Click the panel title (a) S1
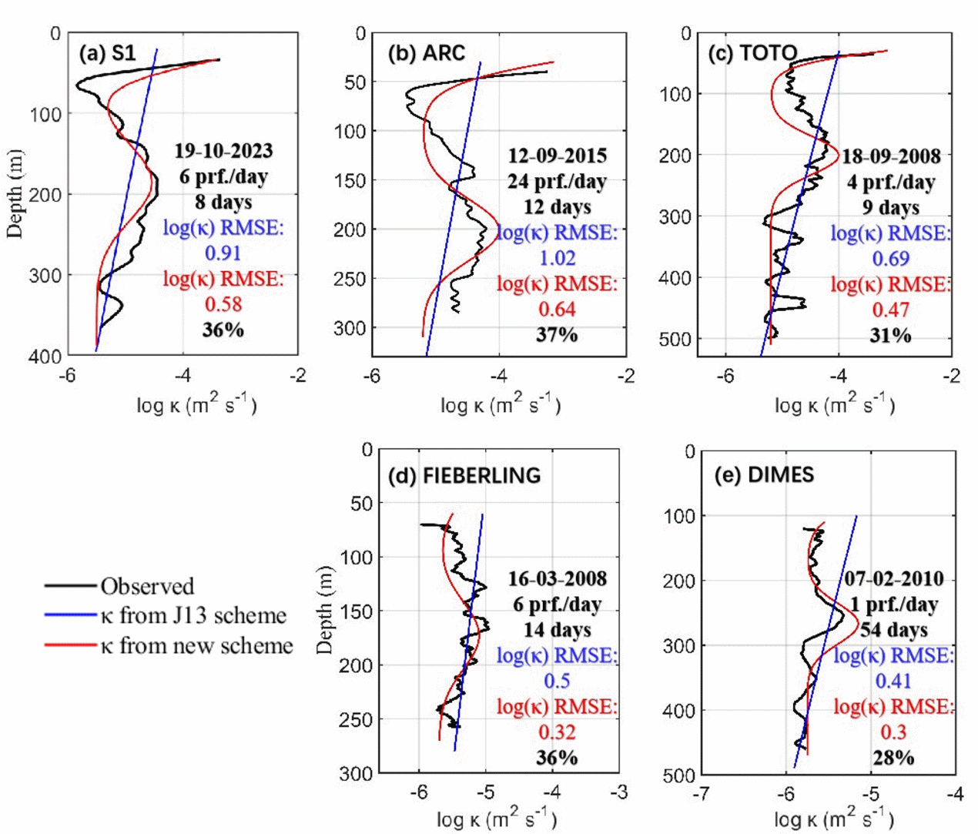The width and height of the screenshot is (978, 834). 107,53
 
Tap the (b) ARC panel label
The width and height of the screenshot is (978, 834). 427,53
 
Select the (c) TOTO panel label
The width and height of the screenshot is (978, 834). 752,53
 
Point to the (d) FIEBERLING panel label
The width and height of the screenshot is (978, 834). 464,475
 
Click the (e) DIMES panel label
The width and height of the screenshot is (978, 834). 763,474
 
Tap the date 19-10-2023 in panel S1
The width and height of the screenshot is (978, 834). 223,151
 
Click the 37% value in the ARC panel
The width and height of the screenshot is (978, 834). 557,335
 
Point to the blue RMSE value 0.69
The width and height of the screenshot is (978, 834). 891,259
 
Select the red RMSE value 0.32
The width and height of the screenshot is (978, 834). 557,732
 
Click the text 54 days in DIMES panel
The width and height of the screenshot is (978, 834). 893,630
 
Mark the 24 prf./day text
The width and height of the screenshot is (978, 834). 557,182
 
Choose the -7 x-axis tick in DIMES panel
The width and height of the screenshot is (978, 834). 701,794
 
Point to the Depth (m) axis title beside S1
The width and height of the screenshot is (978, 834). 15,194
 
